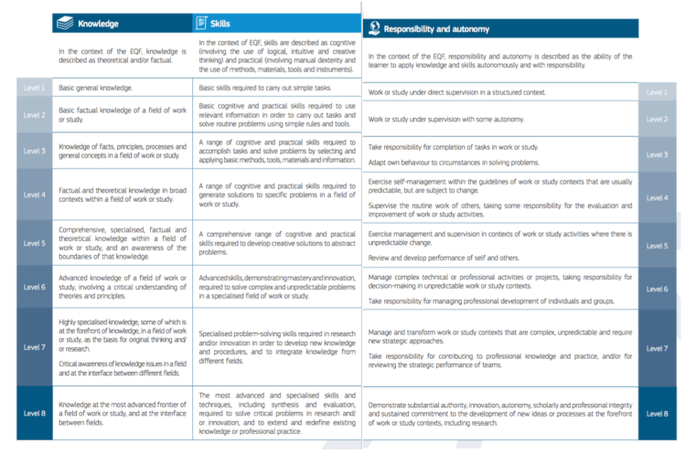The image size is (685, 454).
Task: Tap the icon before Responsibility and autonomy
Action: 375,28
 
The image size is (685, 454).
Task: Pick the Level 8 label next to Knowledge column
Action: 35,415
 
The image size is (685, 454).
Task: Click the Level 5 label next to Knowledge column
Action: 35,244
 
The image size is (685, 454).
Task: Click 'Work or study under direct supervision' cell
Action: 456,92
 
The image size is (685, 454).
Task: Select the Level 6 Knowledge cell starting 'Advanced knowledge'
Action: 123,287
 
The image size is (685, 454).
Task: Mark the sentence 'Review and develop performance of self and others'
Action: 445,258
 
